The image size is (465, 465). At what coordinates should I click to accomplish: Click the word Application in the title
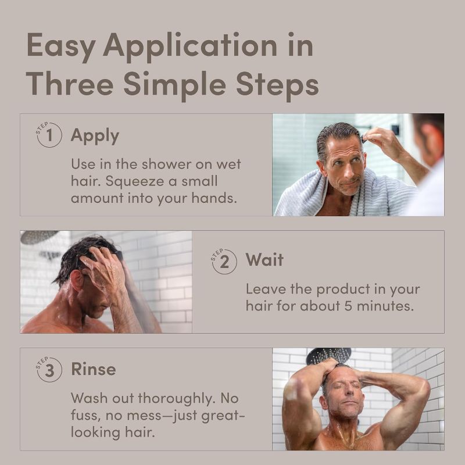190,47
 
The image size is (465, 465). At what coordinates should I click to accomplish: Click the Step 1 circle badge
49,135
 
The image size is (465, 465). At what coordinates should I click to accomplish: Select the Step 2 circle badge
224,261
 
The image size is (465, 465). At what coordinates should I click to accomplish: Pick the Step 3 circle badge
49,369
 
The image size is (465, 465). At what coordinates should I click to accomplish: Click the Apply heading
95,137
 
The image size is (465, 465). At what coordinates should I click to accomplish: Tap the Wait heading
264,260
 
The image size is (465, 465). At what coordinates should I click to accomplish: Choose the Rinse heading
94,369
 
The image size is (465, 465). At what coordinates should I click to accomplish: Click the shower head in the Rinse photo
328,355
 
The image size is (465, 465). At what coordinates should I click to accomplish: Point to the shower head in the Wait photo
38,237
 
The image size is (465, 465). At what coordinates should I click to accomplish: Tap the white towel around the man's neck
344,193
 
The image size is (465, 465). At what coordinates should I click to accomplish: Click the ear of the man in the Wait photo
77,280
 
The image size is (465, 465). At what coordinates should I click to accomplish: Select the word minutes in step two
385,306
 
